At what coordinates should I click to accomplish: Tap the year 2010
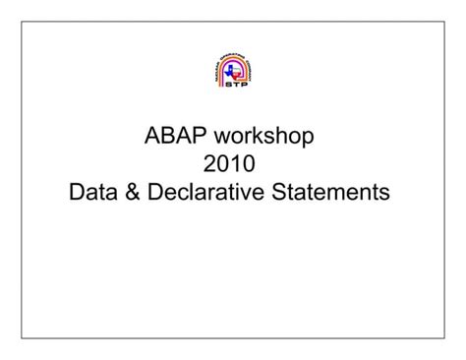coord(233,161)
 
